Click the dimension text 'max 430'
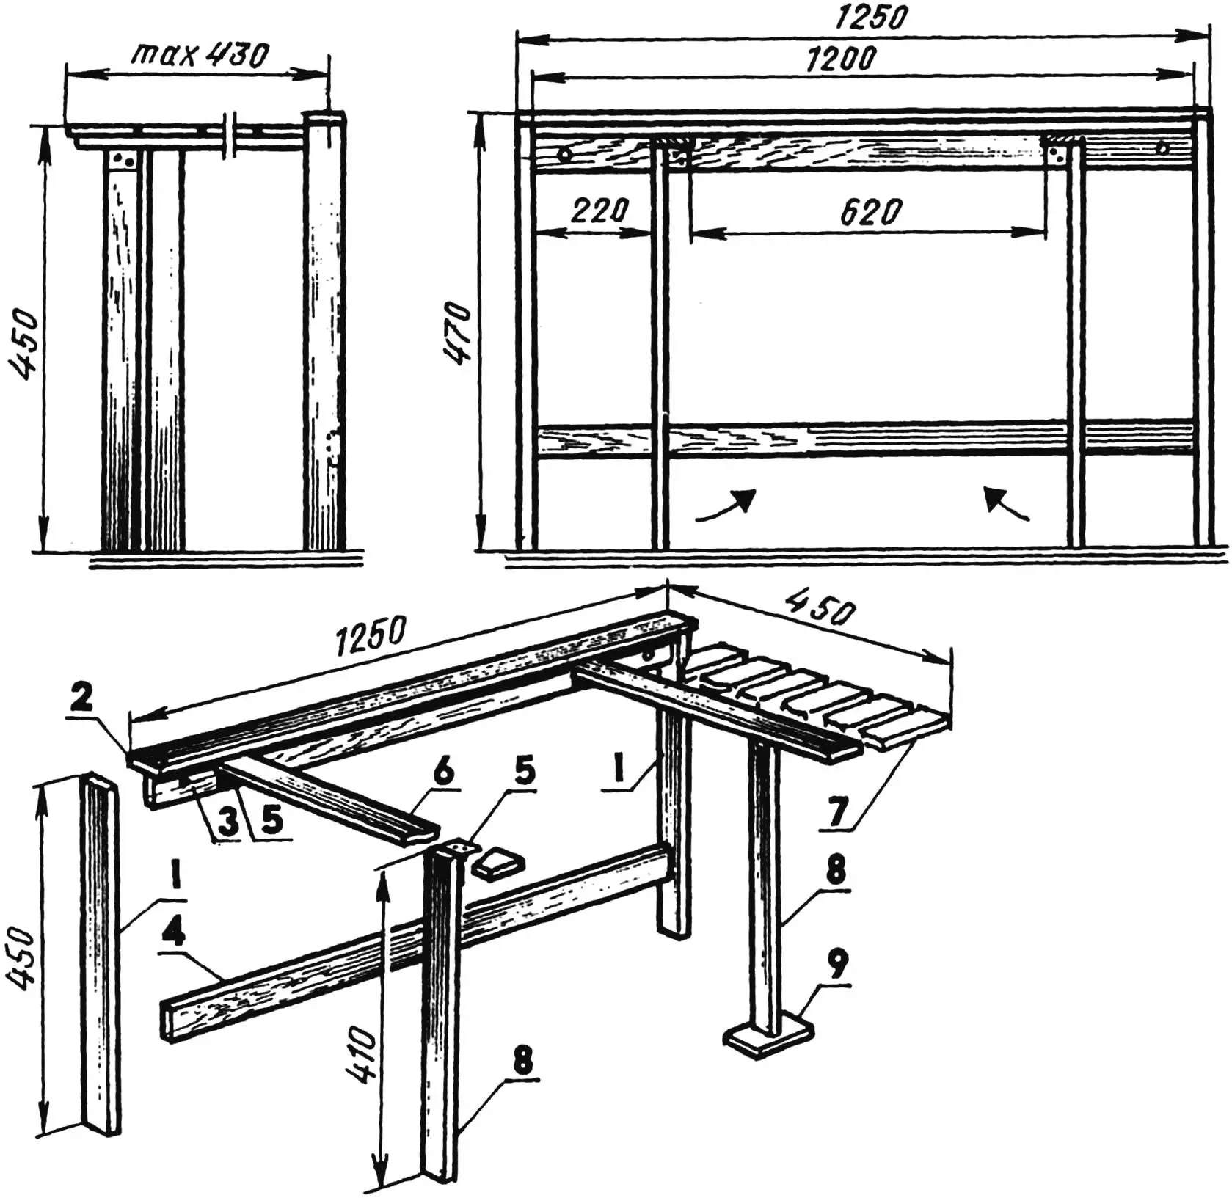pyautogui.click(x=200, y=55)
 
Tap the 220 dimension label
pyautogui.click(x=599, y=211)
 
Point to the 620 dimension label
pyautogui.click(x=870, y=213)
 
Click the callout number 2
pyautogui.click(x=82, y=698)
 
